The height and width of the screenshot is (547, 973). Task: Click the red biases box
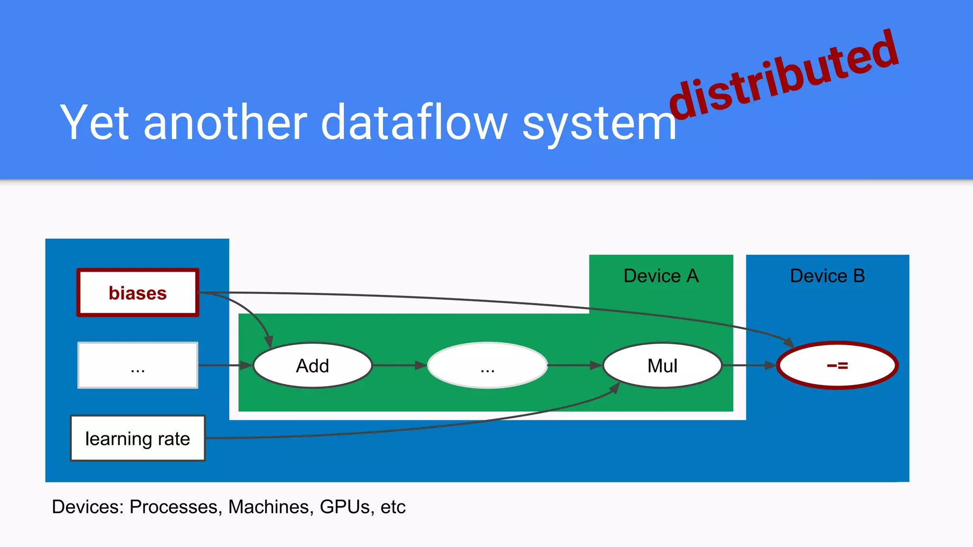click(138, 292)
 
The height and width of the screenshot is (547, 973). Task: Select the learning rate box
click(138, 438)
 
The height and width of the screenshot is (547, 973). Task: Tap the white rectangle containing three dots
click(138, 365)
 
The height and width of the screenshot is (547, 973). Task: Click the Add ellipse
click(313, 366)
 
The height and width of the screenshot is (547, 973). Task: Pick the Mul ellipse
click(662, 366)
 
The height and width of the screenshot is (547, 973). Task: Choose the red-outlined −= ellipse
click(837, 365)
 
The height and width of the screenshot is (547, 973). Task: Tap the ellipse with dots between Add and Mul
click(487, 365)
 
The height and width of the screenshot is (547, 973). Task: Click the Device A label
click(661, 276)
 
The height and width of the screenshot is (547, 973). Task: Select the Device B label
click(827, 276)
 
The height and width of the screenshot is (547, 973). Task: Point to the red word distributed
click(784, 76)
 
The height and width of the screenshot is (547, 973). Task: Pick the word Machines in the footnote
click(270, 507)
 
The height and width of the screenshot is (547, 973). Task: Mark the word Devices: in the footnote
click(87, 507)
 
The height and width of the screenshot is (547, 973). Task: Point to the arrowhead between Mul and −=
click(770, 365)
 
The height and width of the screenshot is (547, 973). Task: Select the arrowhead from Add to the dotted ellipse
click(420, 365)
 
